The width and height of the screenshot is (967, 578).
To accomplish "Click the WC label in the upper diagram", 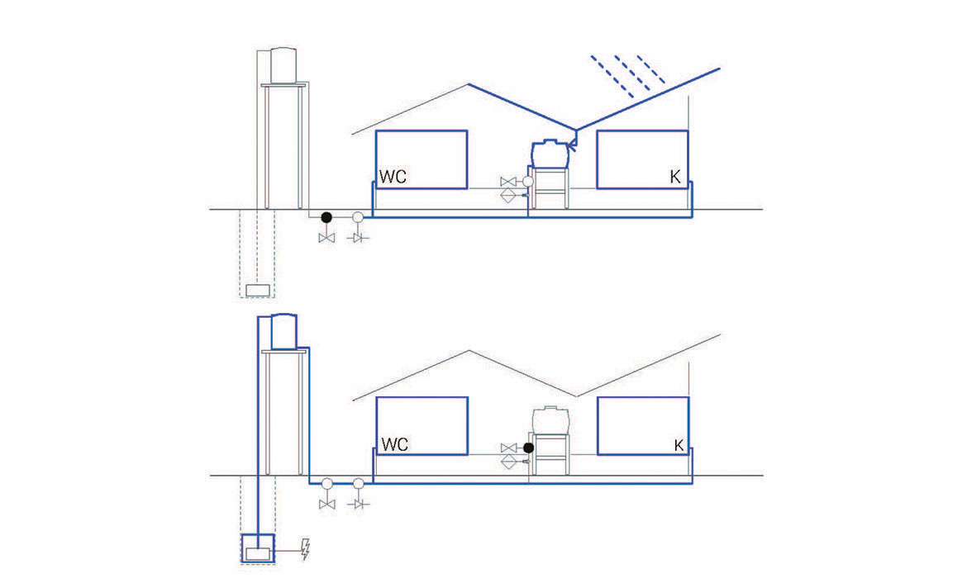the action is pos(393,177).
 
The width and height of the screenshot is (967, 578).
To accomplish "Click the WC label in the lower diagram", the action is pos(395,444).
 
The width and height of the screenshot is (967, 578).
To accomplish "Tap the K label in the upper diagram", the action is pos(675,177).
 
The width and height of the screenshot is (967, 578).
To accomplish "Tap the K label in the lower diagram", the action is pos(679,445).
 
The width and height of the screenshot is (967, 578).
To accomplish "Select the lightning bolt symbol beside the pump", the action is pos(305,549).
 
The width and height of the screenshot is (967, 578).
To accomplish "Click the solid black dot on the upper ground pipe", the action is pos(326,217).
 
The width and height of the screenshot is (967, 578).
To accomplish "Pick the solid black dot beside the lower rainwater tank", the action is pos(528,448).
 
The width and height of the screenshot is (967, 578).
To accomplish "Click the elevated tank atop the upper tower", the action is pos(283,65).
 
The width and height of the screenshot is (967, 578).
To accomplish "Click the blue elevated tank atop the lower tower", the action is pos(284,331).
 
